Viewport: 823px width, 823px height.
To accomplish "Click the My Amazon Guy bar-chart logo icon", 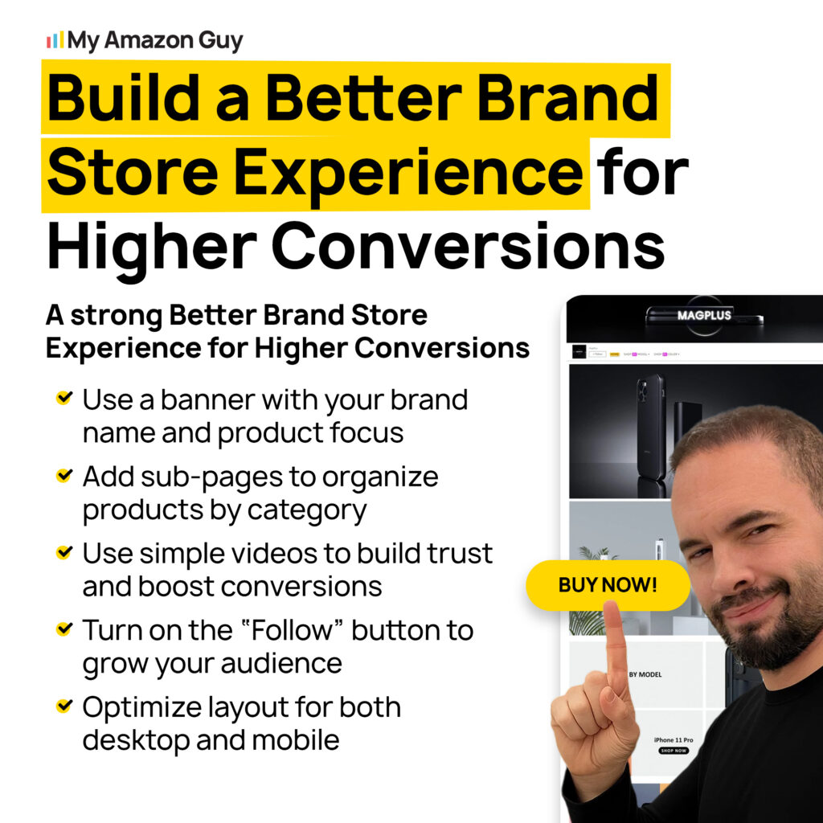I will click(x=55, y=40).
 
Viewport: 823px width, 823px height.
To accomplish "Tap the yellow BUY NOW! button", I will click(x=608, y=585).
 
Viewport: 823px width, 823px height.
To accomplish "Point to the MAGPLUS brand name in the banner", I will click(x=703, y=315).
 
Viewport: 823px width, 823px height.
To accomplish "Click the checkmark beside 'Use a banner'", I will click(x=63, y=398).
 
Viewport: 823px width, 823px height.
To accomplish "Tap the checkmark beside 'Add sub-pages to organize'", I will click(x=63, y=476).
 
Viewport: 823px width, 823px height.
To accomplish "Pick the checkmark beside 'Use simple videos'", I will click(x=63, y=553).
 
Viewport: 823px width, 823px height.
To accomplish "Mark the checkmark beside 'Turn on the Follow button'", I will click(x=63, y=629).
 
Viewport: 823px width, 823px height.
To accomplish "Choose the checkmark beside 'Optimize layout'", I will click(x=63, y=706).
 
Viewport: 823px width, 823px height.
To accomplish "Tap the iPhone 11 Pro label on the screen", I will click(x=674, y=739).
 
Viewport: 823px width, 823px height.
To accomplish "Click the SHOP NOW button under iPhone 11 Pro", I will click(x=674, y=751).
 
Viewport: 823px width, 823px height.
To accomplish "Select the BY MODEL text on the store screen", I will click(x=645, y=674).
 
